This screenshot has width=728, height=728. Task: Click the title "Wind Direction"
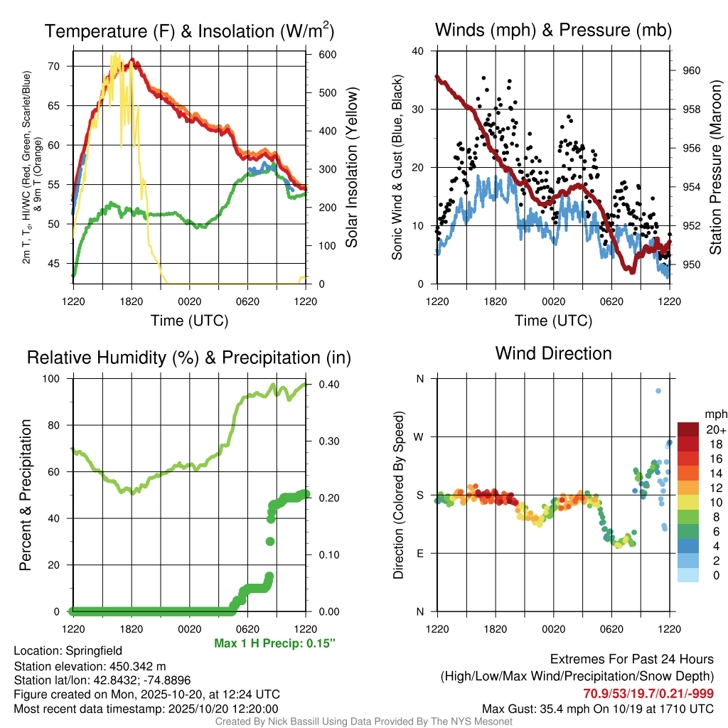(553, 353)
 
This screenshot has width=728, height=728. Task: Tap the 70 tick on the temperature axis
(59, 66)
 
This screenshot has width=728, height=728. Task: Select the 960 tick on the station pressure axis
(692, 70)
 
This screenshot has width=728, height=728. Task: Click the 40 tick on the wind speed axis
(418, 51)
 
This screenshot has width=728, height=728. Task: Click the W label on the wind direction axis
(419, 437)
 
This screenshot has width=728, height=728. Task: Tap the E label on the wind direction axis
(419, 553)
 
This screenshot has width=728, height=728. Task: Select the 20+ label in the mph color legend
(715, 430)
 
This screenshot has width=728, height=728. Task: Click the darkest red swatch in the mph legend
(688, 429)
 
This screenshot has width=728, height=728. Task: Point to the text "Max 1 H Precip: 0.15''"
(274, 643)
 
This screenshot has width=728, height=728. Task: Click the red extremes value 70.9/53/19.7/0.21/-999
(648, 693)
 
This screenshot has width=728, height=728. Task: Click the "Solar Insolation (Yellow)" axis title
(352, 167)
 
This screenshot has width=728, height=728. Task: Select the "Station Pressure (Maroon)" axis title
(716, 167)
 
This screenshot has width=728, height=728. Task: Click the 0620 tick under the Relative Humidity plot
(247, 628)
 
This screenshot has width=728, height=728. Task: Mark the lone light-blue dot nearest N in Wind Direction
(658, 391)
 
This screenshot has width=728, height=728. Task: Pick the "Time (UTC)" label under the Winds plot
(553, 321)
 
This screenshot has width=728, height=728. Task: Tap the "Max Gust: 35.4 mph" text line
(597, 708)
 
